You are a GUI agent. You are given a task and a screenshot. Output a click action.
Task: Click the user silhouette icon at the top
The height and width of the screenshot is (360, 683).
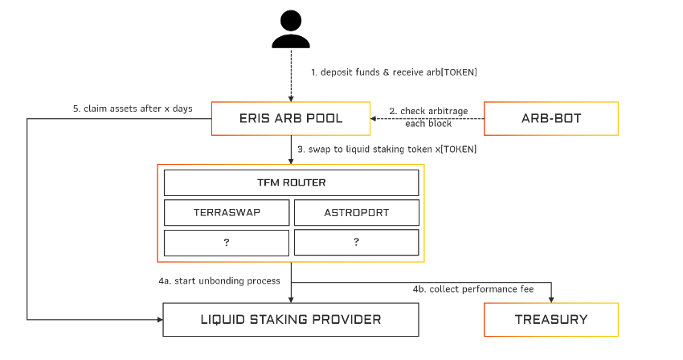tap(290, 32)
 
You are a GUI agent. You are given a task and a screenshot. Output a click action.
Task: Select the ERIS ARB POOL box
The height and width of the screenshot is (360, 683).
tap(290, 118)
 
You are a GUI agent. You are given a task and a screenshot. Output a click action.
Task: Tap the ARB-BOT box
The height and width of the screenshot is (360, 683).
tap(550, 118)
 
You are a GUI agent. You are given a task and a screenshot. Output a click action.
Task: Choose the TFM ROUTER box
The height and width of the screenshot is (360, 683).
tap(291, 182)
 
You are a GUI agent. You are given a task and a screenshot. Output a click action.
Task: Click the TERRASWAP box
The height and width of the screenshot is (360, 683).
tap(227, 213)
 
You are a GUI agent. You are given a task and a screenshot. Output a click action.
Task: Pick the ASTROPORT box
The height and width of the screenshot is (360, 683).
tap(356, 213)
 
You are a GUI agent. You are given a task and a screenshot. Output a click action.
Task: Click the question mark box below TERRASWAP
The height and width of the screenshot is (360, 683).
tap(227, 242)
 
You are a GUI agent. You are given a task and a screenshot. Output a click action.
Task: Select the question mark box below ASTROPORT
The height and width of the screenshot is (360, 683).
tap(356, 242)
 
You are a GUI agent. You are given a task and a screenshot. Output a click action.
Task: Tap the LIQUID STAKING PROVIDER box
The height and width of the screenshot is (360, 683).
tap(291, 319)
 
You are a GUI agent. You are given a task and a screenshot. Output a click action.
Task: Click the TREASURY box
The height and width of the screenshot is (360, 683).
tap(550, 319)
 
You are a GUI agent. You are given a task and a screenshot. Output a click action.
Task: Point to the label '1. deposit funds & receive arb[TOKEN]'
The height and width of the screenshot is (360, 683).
tap(394, 72)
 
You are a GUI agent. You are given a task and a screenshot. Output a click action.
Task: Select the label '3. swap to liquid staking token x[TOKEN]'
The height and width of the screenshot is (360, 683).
tap(386, 149)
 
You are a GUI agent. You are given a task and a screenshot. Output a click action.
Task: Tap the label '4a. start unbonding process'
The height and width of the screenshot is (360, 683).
tap(219, 280)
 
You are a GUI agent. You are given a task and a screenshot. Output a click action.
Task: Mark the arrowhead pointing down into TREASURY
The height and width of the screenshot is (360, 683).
tap(550, 298)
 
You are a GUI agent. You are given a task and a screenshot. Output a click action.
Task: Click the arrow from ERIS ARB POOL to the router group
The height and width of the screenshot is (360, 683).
tap(290, 149)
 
